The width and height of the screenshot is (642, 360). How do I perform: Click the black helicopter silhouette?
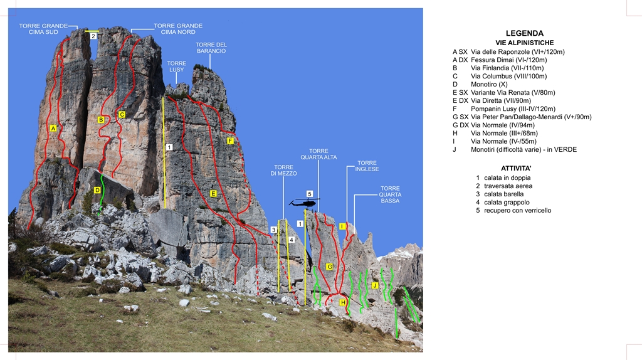pos(305,203)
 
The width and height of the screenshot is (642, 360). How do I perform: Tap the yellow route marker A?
pos(53,128)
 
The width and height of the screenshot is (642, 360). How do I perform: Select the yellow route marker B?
pos(101,119)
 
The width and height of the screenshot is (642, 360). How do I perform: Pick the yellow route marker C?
pos(122,114)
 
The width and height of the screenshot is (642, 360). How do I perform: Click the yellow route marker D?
pos(97,190)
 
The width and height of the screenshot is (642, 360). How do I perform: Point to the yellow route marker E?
pos(213,194)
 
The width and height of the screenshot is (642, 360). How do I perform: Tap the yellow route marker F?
pos(231,141)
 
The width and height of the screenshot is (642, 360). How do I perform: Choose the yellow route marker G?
pos(329,267)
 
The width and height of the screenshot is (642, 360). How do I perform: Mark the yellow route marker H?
pos(343,302)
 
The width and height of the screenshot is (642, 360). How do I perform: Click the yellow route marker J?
pos(375,285)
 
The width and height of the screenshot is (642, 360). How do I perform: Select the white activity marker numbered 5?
pos(309,193)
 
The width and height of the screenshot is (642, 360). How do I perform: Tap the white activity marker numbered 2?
pos(93,36)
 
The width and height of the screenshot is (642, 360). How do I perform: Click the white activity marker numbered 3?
pos(273,230)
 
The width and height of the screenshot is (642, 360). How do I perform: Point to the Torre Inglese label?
pos(367,166)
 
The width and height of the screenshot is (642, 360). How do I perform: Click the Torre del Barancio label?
pos(211,48)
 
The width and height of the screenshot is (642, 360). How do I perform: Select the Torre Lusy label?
pos(177,66)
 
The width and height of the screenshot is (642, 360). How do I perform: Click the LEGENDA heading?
pos(525,33)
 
